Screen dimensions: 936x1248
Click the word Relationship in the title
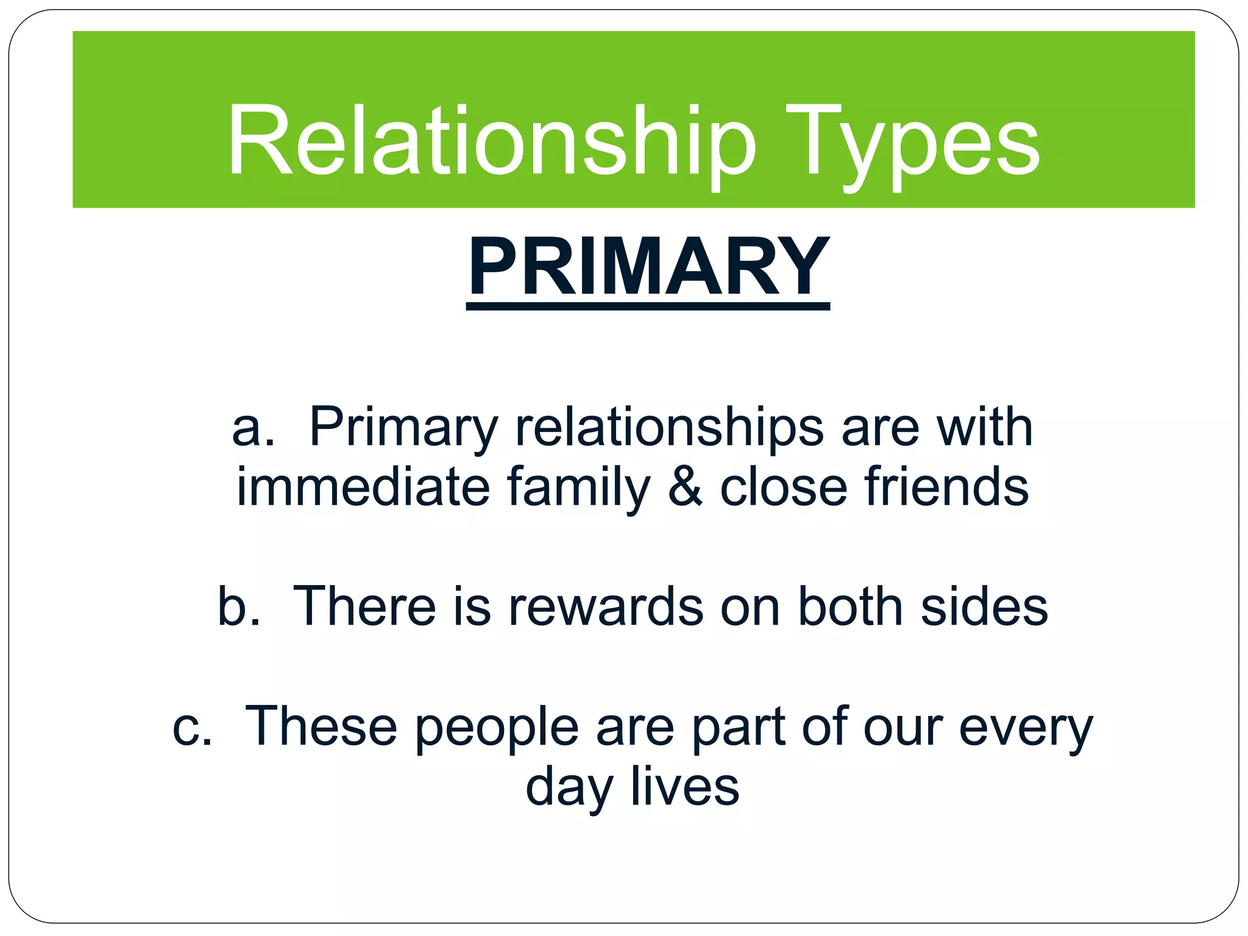491,141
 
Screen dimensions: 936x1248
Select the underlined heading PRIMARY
648,268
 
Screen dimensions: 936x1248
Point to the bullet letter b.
238,606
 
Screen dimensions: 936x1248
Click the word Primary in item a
403,428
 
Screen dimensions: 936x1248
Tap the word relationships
669,428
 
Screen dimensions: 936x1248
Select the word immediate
363,487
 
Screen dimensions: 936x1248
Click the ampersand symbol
685,487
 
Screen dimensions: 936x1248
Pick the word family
578,487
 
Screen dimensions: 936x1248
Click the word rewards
606,606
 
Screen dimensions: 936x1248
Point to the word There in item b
364,606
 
